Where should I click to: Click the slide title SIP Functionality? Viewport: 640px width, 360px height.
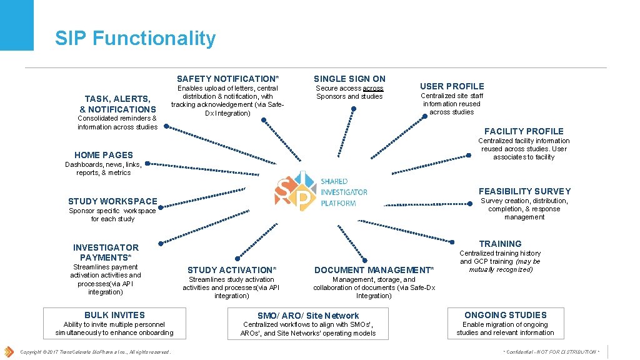[135, 39]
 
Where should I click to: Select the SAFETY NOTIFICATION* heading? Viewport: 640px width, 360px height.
[227, 79]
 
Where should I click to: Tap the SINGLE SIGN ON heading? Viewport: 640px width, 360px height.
[349, 79]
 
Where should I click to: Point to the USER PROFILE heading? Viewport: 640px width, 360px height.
[452, 86]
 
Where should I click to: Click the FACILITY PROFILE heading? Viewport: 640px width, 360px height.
[524, 131]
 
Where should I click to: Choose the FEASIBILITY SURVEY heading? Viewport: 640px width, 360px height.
[524, 191]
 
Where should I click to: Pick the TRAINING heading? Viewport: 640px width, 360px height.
[500, 244]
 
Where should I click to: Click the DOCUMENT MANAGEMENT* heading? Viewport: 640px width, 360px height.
[374, 270]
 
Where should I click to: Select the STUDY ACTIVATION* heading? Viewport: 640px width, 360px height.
[231, 270]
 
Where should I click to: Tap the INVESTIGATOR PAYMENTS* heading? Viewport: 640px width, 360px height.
[106, 252]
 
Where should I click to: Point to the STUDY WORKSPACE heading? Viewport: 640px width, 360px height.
[112, 201]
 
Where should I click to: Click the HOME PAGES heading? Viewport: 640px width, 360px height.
[104, 155]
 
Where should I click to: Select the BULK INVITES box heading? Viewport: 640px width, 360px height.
[114, 315]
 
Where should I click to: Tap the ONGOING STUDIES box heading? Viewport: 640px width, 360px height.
[505, 315]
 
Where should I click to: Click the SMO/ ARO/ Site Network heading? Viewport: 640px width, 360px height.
[308, 316]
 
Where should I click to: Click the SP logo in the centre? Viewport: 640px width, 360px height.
[294, 191]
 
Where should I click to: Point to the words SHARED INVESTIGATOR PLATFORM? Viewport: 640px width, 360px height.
[343, 192]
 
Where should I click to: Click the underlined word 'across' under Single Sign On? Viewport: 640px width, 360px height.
[373, 89]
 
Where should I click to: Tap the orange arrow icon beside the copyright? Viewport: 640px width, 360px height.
[9, 351]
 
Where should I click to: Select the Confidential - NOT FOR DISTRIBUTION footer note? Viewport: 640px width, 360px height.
[551, 352]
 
